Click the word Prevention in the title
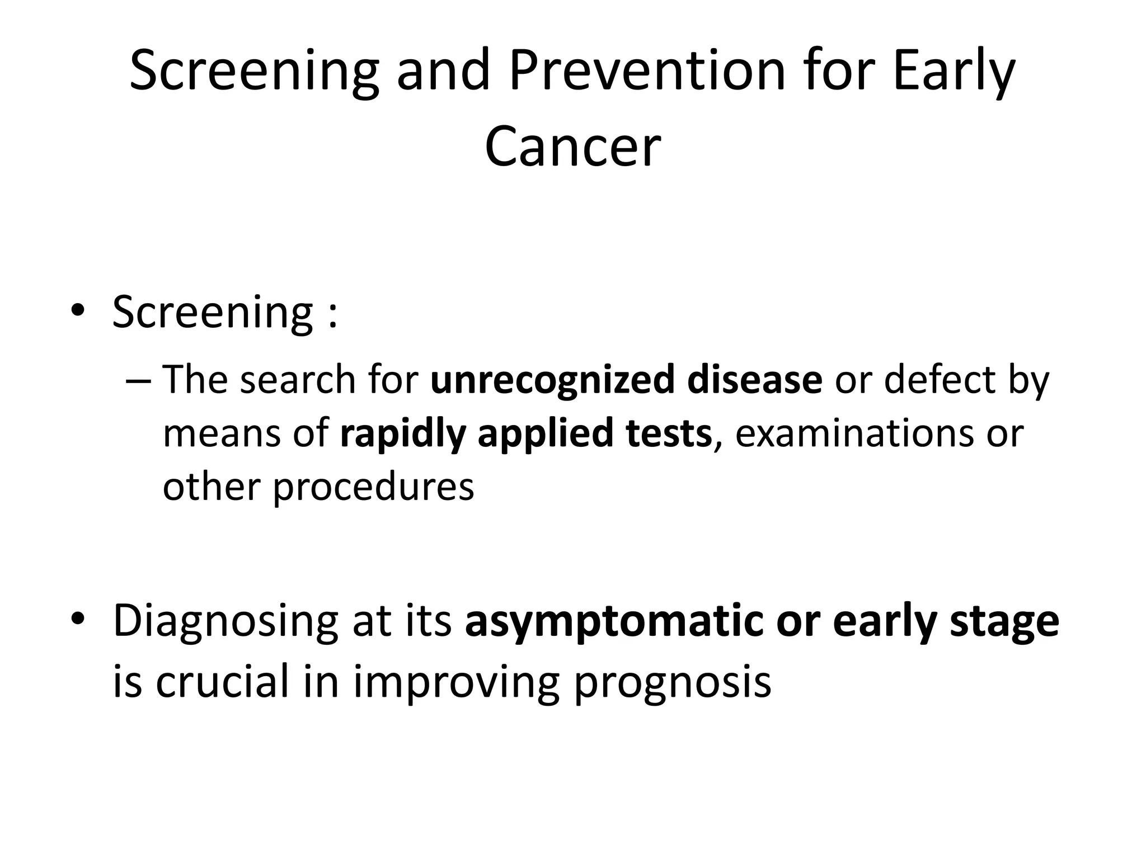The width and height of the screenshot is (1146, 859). pyautogui.click(x=647, y=72)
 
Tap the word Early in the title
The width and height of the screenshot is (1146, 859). pyautogui.click(x=954, y=72)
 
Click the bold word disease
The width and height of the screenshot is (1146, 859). pyautogui.click(x=754, y=380)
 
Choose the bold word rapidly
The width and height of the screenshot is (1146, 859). pyautogui.click(x=402, y=435)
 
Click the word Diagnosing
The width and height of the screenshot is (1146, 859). pyautogui.click(x=225, y=622)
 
